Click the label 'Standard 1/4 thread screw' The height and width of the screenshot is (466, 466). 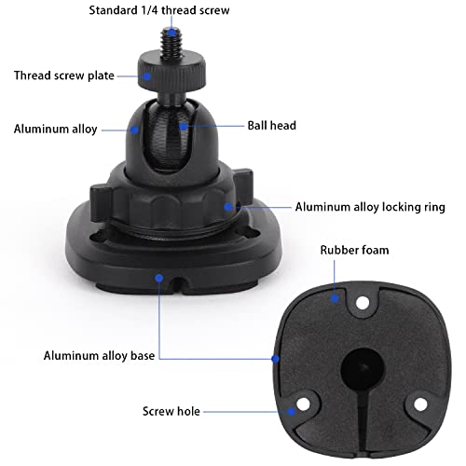click(158, 10)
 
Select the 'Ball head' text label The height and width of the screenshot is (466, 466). click(271, 124)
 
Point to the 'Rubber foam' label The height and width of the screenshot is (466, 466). click(354, 250)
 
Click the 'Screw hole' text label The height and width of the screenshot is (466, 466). click(171, 410)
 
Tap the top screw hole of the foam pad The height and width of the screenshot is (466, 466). click(360, 301)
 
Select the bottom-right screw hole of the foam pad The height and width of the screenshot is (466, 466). click(420, 403)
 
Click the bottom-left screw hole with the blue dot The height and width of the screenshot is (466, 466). click(300, 405)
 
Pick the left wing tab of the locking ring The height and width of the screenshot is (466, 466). click(98, 199)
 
